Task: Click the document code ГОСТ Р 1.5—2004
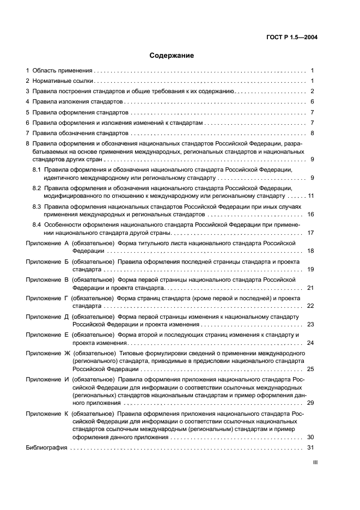[292, 37]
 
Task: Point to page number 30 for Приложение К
[311, 437]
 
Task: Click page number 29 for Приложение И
[311, 403]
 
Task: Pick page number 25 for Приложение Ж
[311, 369]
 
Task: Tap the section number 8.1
[36, 171]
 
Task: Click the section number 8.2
[36, 188]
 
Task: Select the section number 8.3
[36, 207]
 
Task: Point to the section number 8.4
[36, 225]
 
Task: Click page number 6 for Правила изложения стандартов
[313, 101]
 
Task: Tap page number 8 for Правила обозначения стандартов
[313, 133]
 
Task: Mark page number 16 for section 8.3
[311, 215]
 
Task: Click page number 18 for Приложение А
[311, 251]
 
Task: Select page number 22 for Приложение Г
[311, 306]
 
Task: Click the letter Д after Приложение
[66, 317]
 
